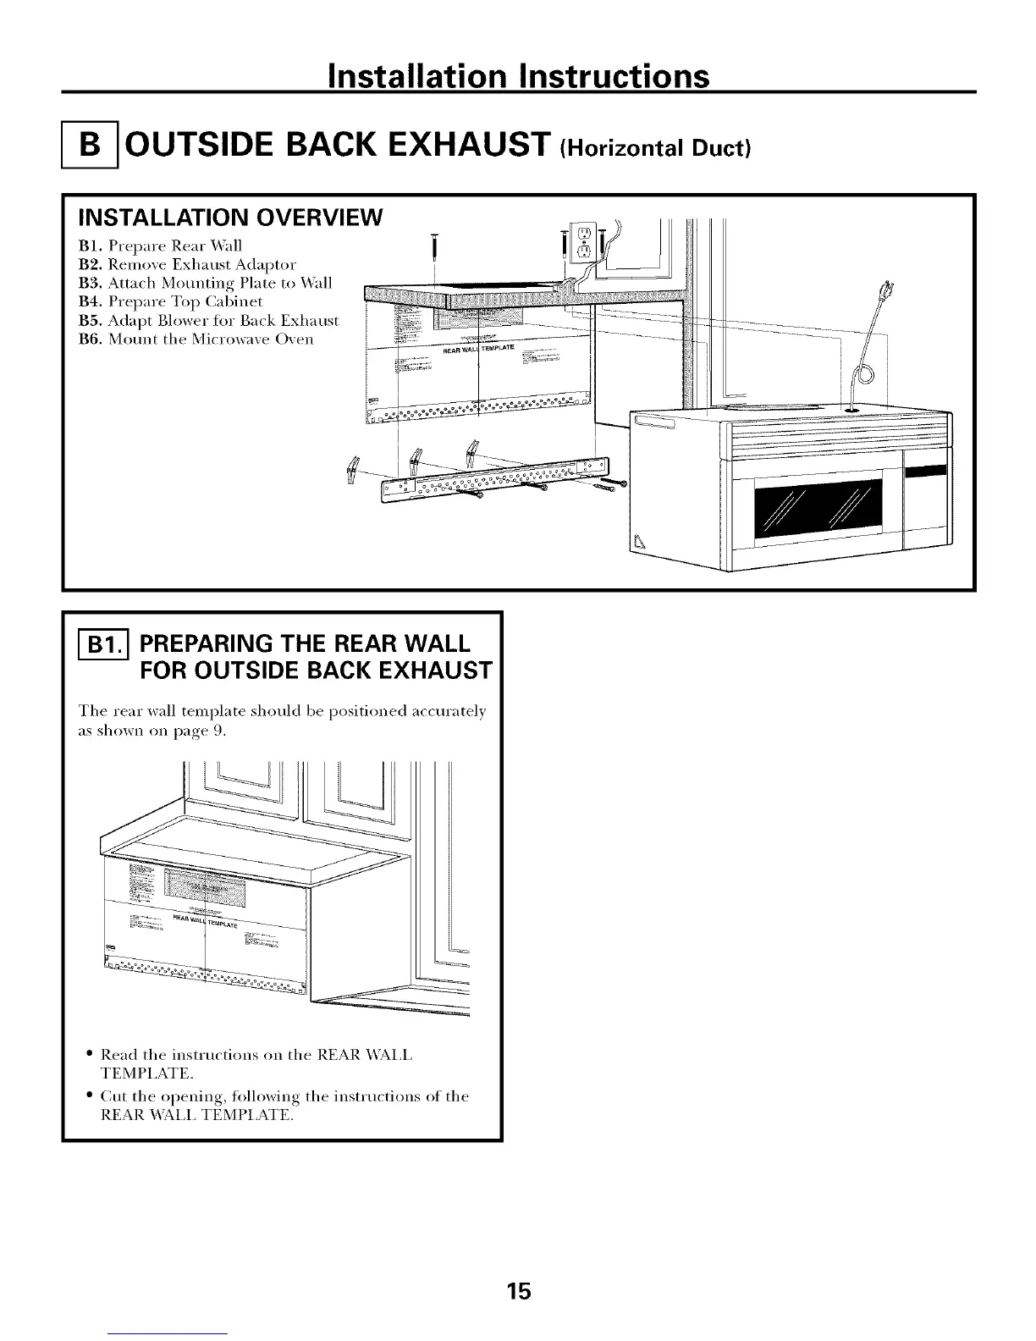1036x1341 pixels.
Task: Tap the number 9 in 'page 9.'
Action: coord(219,734)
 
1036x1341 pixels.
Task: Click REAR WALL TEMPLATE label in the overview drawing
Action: coord(478,350)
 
